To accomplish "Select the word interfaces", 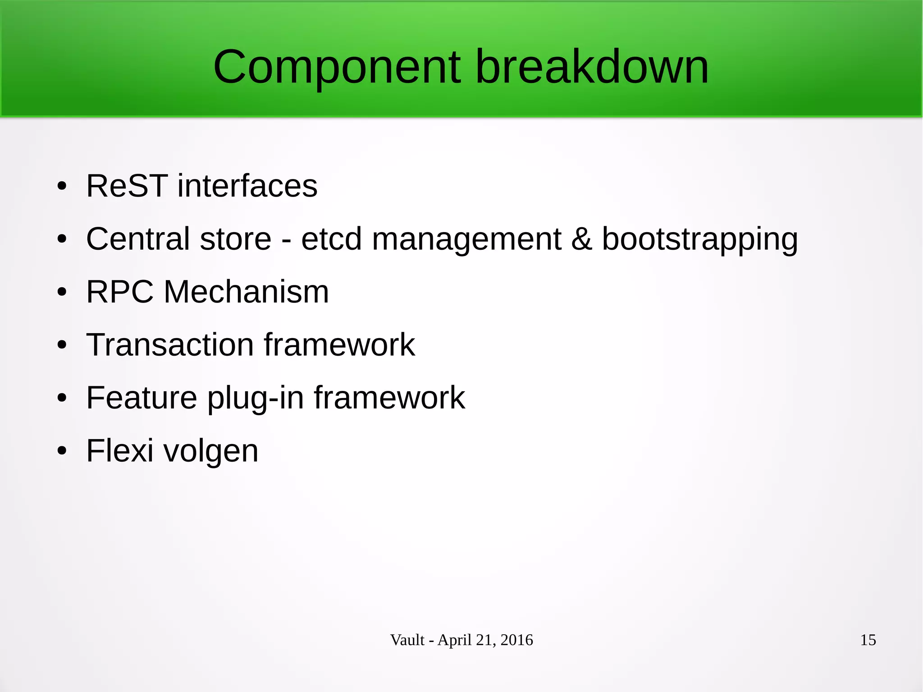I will click(x=247, y=186).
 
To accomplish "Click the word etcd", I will click(x=331, y=239).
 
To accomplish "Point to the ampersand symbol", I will click(x=581, y=239).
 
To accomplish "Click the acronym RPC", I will click(x=120, y=292).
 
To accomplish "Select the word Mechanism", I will click(x=246, y=292).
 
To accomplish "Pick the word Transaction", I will click(x=170, y=345).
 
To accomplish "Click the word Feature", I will click(x=142, y=398).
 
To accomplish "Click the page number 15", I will click(x=868, y=640).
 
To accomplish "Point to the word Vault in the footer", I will click(x=407, y=640).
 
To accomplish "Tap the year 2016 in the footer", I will click(x=516, y=640).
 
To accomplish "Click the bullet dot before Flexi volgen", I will click(x=62, y=450).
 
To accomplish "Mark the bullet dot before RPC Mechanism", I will click(x=62, y=292).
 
